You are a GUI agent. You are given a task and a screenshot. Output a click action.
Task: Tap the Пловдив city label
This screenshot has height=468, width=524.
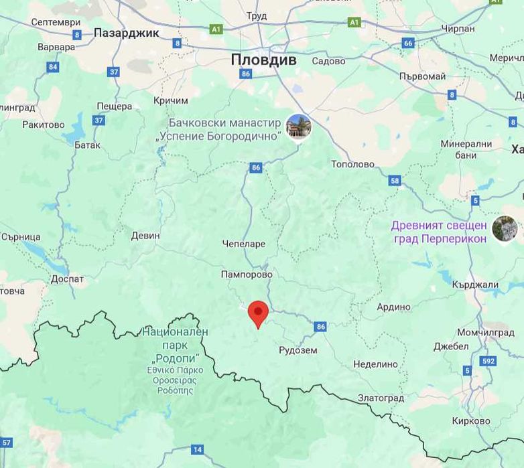pyautogui.click(x=263, y=60)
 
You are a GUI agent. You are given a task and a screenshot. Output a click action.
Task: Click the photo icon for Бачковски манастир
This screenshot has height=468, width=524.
pyautogui.click(x=298, y=127)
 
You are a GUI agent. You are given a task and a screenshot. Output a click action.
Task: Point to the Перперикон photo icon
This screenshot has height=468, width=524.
pyautogui.click(x=505, y=228)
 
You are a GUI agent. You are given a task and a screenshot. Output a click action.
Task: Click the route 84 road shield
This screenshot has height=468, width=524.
pyautogui.click(x=53, y=67)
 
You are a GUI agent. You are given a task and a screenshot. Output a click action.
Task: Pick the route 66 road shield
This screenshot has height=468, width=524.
pyautogui.click(x=408, y=43)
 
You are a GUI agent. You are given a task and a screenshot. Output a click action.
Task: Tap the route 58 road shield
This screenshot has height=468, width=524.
pyautogui.click(x=395, y=180)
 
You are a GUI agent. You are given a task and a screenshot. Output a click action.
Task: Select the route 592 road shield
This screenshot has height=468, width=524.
pyautogui.click(x=488, y=362)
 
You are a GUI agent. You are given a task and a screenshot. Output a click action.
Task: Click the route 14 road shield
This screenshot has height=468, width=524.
pyautogui.click(x=197, y=449)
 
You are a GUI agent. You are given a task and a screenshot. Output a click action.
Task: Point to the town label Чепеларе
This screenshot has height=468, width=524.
pyautogui.click(x=243, y=244)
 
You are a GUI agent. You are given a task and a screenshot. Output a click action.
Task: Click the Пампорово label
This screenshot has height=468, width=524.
pyautogui.click(x=247, y=275)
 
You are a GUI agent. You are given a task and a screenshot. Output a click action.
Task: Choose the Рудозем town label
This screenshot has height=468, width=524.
pyautogui.click(x=298, y=349)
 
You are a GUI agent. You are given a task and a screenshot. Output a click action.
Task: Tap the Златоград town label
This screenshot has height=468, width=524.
pyautogui.click(x=381, y=398)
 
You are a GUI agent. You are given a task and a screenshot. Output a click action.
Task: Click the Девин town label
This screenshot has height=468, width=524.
pyautogui.click(x=145, y=236)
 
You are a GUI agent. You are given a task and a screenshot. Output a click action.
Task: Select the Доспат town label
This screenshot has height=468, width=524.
pyautogui.click(x=68, y=279)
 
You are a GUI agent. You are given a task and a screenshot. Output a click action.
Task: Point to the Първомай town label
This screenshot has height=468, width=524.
pyautogui.click(x=422, y=76)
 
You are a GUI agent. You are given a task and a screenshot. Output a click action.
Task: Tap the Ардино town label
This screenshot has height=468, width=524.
pyautogui.click(x=393, y=307)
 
